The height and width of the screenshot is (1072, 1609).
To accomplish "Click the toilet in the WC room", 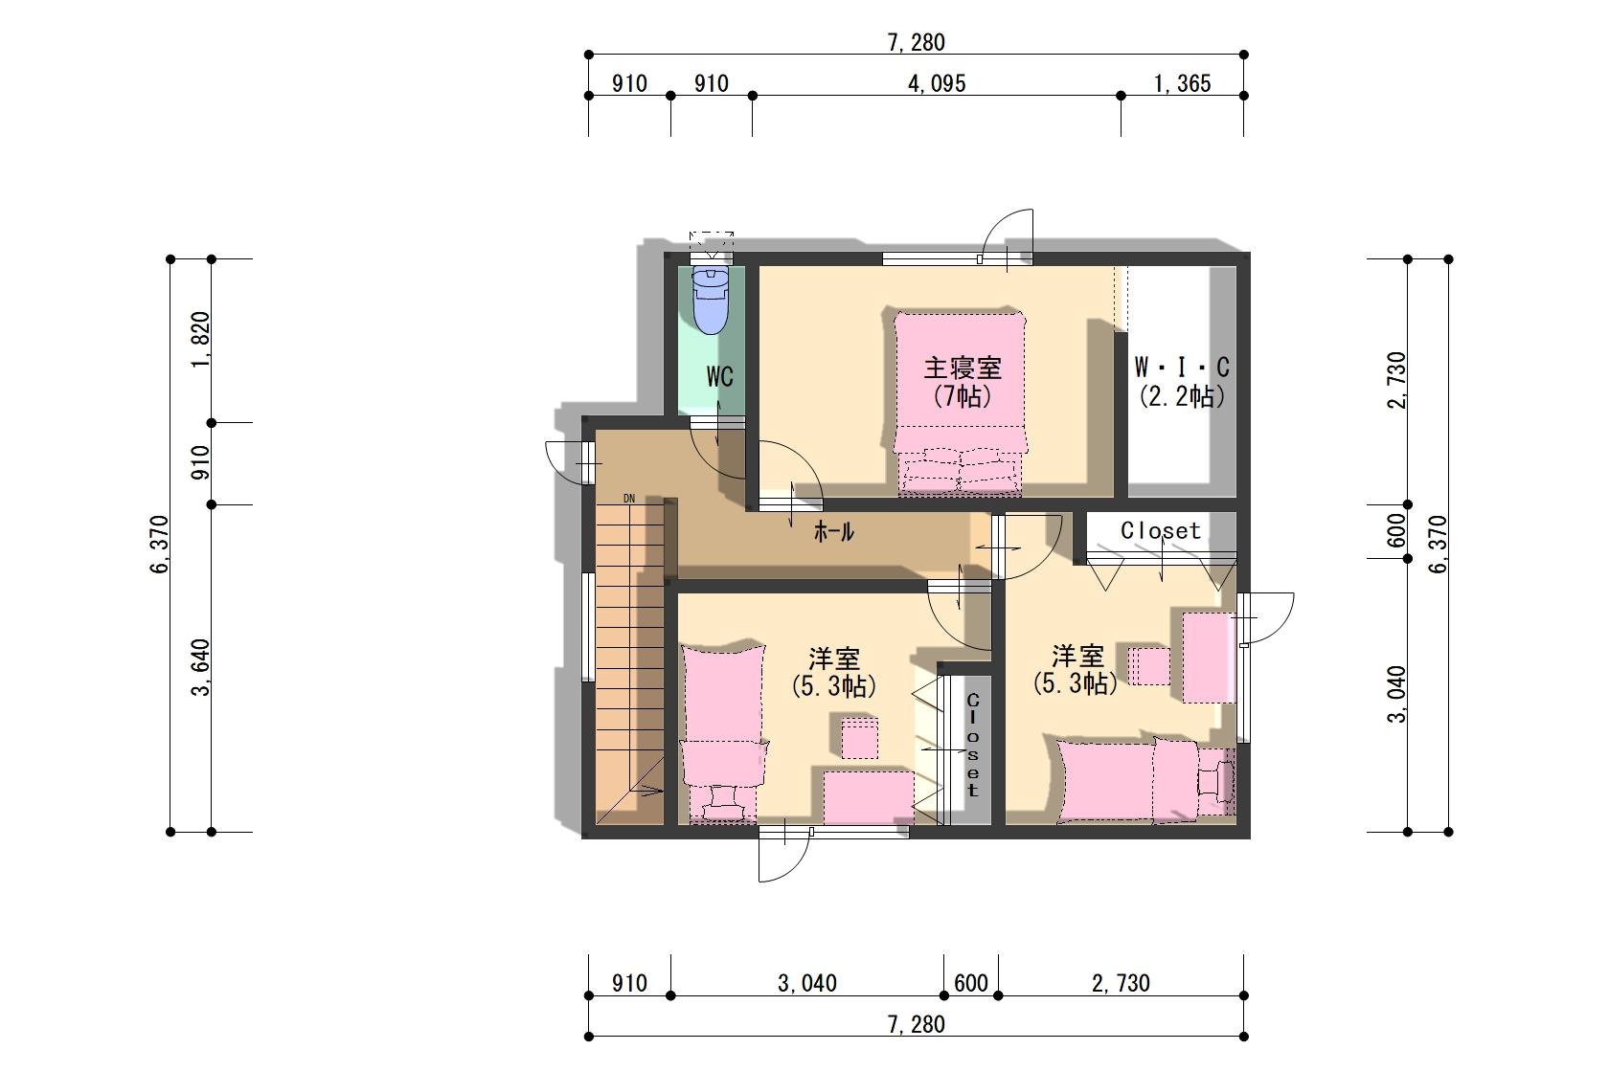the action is [x=711, y=301].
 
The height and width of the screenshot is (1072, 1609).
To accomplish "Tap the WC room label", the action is [x=720, y=376].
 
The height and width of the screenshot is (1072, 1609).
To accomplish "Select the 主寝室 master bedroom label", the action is [x=962, y=368].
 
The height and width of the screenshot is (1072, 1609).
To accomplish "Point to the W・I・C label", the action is [x=1182, y=368].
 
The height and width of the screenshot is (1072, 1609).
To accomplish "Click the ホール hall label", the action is [x=833, y=531].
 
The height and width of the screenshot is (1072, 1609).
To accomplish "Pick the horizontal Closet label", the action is [x=1160, y=530].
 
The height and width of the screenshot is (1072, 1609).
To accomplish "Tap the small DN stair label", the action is [x=629, y=499].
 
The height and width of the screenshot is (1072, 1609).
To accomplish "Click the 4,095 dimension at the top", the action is [x=937, y=84].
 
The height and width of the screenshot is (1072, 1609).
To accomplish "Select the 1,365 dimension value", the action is [x=1182, y=84].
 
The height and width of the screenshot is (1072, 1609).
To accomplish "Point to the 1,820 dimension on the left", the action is [x=201, y=340].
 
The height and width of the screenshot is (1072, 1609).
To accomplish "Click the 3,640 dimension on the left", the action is [x=201, y=668].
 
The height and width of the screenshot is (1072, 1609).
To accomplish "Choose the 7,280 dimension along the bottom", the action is [x=916, y=1024].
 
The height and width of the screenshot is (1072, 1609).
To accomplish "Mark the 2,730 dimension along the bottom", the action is [x=1121, y=983].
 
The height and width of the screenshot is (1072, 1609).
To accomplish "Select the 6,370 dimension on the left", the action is [x=159, y=545].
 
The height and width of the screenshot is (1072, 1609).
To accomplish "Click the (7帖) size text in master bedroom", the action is [x=963, y=396].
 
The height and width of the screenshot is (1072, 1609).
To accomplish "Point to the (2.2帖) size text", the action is [x=1182, y=396].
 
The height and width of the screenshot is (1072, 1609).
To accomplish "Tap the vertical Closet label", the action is [x=973, y=746].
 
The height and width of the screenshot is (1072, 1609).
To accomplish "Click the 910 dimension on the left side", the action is [x=201, y=462].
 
